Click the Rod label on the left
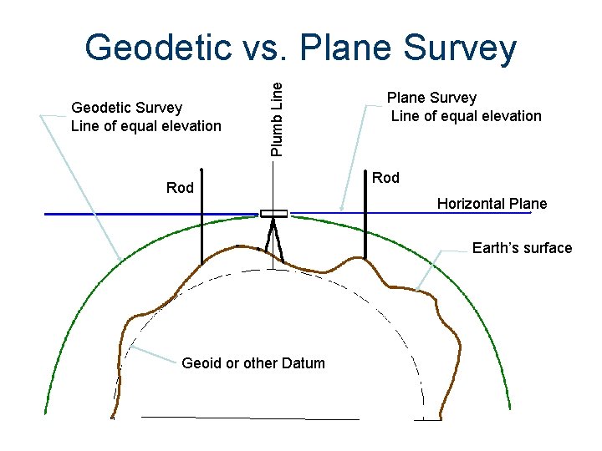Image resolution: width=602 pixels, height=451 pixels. tap(180, 188)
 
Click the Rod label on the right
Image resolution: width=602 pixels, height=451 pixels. tap(385, 178)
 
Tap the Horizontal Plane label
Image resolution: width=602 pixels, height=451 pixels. tap(492, 204)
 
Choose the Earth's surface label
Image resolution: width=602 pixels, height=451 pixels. tap(522, 248)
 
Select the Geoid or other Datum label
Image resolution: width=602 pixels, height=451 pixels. tap(253, 363)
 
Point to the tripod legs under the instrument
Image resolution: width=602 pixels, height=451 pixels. tap(273, 242)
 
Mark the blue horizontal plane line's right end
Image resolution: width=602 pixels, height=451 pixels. tap(528, 214)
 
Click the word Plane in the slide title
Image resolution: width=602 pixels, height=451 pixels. tap(353, 48)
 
